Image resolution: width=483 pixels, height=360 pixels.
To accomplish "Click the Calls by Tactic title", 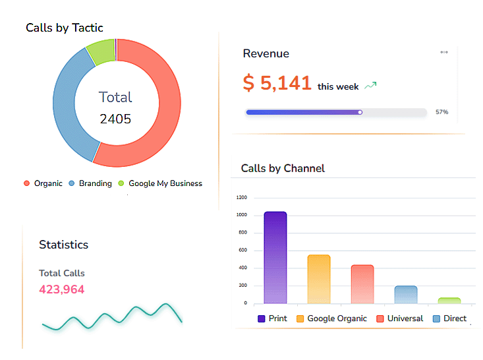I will point(65,28).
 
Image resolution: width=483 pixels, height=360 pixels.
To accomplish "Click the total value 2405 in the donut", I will point(115,119).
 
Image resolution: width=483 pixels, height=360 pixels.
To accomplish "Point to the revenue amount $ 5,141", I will point(277,83).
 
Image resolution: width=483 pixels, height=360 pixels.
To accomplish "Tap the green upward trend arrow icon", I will point(370,86).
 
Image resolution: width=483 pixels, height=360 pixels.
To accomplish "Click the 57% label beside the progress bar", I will point(441,112).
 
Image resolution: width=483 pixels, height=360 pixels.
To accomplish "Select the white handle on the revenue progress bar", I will point(360,112).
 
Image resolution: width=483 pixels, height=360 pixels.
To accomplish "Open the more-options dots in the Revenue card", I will point(444,52).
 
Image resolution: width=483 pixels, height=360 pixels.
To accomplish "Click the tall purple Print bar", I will point(275,257).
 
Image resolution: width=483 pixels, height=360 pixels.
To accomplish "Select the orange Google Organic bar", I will point(319,279).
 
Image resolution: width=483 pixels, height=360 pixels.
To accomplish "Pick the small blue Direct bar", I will point(406,295).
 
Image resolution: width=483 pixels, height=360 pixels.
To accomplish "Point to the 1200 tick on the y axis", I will point(241,197).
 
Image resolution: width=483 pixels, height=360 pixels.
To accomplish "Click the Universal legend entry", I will point(399,318).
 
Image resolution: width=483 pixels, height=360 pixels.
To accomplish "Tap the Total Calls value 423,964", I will point(62,289).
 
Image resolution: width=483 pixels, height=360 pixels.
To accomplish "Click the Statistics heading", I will point(63,245).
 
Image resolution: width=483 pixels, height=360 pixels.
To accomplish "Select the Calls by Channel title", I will point(283,168).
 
